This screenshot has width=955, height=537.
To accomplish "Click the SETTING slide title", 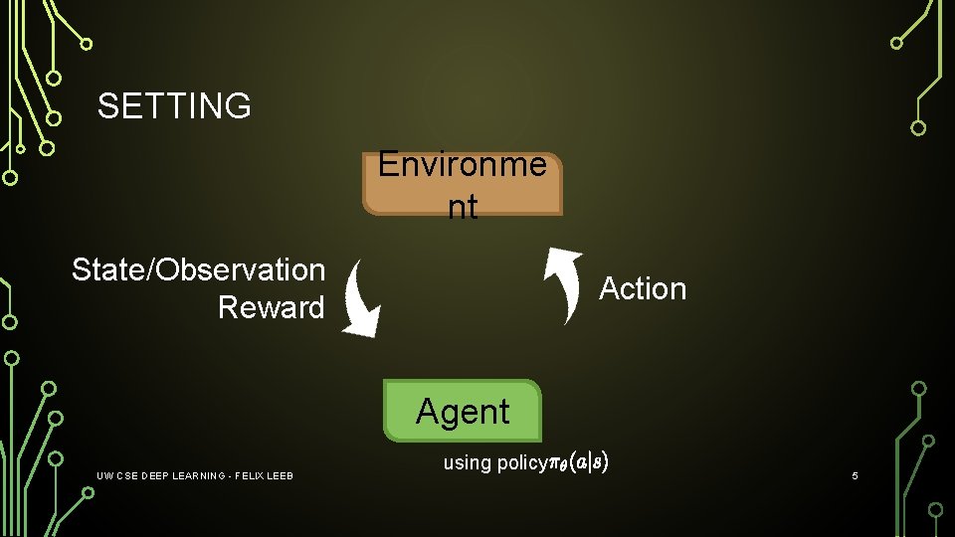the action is click(x=174, y=105).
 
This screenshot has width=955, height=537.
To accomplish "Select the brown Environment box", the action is click(x=463, y=185).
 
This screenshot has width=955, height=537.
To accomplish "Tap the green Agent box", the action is click(x=463, y=411).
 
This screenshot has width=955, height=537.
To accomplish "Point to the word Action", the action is click(x=643, y=288).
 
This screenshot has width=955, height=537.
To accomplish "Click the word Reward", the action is click(x=271, y=307).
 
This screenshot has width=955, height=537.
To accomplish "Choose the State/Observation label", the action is click(x=199, y=269).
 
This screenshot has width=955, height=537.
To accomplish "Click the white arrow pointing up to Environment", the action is click(x=565, y=284).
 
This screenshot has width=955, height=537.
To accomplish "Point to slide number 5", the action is click(x=855, y=477).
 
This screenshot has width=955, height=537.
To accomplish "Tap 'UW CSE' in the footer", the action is click(x=116, y=477).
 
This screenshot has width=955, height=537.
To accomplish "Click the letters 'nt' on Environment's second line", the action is click(x=463, y=207).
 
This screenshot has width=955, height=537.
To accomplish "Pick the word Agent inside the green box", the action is click(x=463, y=411).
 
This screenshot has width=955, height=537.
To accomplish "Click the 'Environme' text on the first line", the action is click(x=463, y=164).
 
